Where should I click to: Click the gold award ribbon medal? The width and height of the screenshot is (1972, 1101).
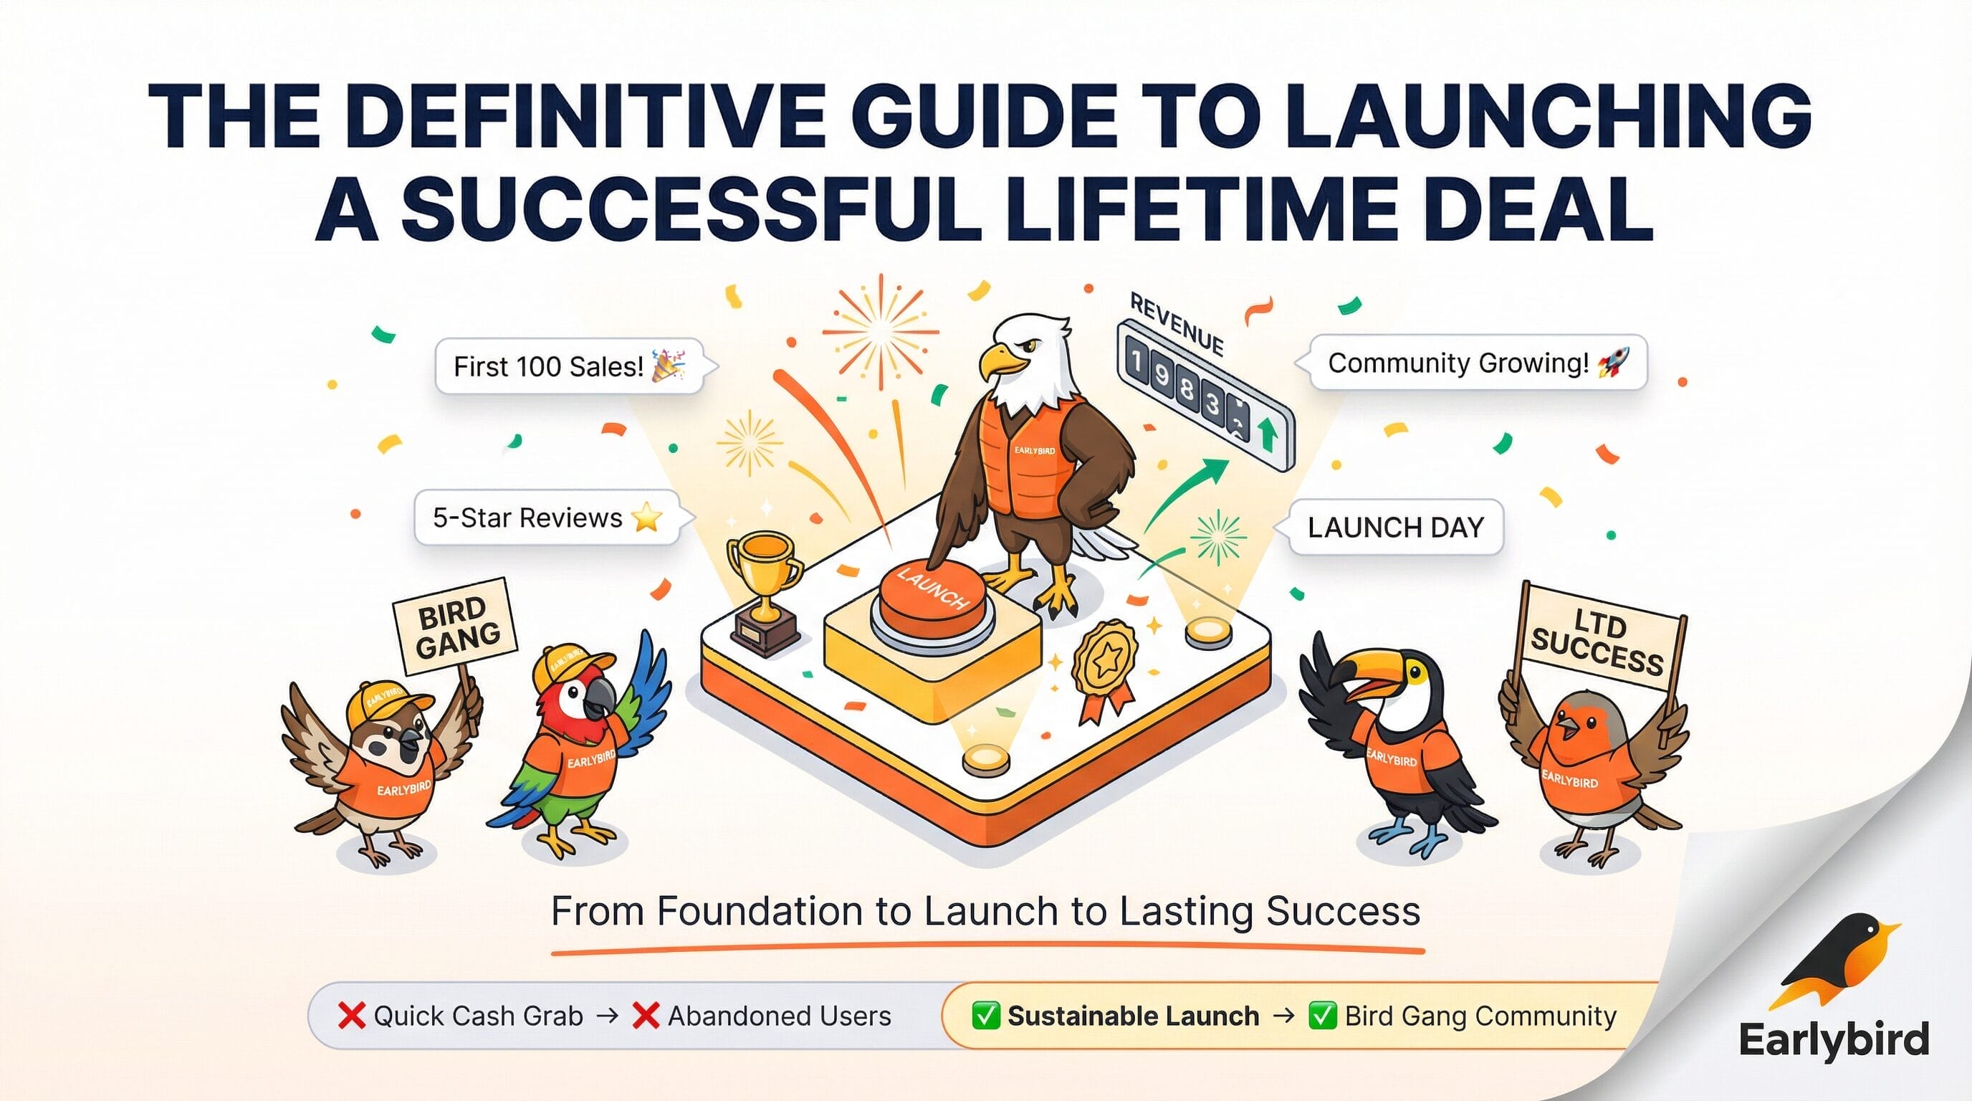click(1105, 668)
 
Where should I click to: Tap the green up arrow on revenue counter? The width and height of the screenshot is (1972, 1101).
click(1268, 435)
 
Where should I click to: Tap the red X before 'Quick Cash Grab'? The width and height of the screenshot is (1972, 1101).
click(351, 1016)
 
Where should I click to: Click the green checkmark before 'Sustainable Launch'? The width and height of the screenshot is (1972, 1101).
click(985, 1016)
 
